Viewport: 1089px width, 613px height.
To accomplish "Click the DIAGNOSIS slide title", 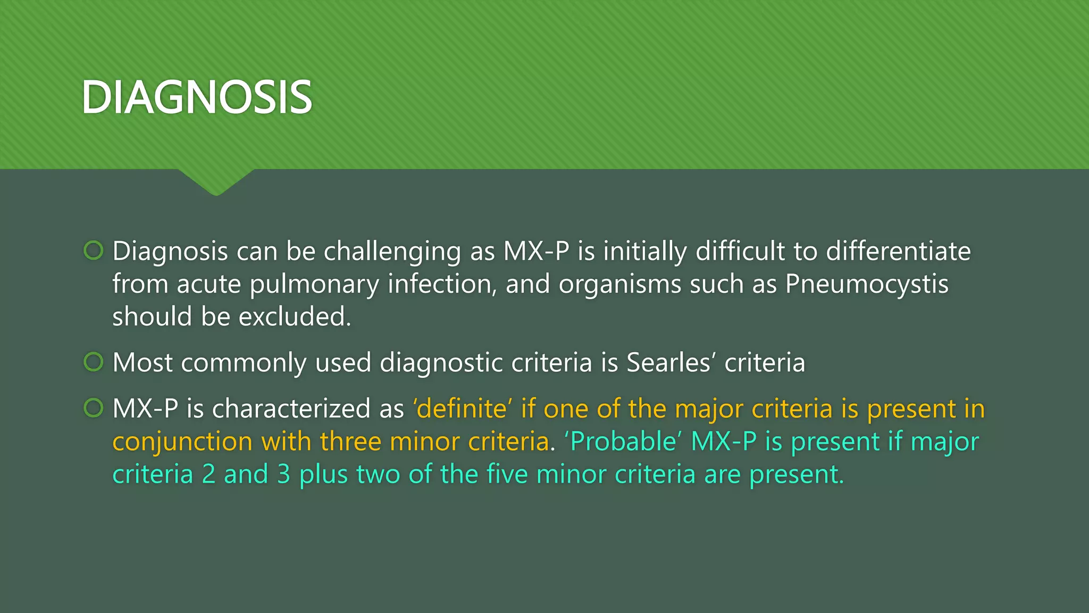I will (197, 97).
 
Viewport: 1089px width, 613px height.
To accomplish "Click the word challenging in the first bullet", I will (392, 252).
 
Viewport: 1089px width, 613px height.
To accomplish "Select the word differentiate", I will (898, 251).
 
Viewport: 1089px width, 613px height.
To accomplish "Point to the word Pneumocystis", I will (867, 285).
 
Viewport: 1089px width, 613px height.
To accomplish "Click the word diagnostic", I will (441, 363).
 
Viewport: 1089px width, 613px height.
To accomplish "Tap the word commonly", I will (244, 363).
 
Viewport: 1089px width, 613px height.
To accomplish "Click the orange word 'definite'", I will (462, 409).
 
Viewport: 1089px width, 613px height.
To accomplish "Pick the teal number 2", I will (208, 475).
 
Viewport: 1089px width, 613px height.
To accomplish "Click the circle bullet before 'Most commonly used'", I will (94, 362).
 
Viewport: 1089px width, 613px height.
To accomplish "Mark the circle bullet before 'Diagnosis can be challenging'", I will (94, 250).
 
